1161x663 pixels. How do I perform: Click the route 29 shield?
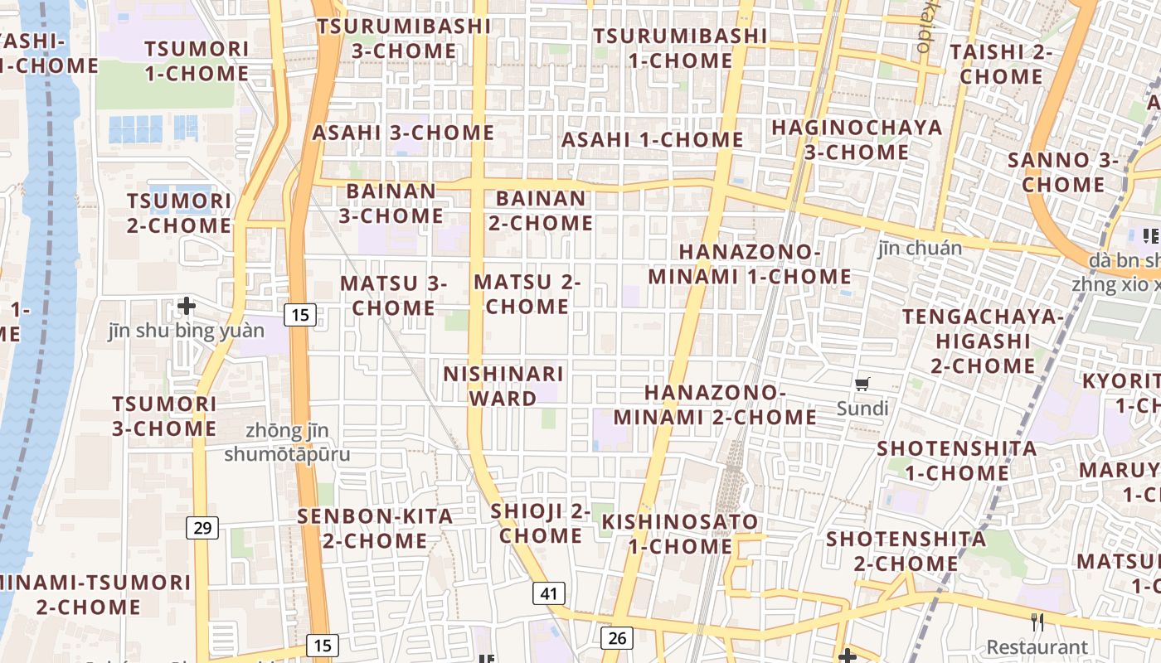click(x=202, y=527)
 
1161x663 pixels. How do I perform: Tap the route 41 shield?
click(x=549, y=593)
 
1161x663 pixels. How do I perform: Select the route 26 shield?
click(x=616, y=637)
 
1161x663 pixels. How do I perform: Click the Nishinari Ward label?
click(x=503, y=386)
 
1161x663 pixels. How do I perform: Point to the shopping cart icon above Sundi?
click(x=862, y=384)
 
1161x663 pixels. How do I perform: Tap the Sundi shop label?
click(x=862, y=408)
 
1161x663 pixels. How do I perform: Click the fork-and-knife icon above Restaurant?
click(x=1037, y=622)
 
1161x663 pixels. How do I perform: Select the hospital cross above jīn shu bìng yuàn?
click(x=187, y=306)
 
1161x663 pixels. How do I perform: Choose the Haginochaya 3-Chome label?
click(x=857, y=140)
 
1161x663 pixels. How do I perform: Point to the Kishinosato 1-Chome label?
click(x=680, y=535)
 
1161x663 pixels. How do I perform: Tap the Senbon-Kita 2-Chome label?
click(x=375, y=529)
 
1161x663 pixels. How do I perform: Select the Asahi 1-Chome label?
click(x=652, y=140)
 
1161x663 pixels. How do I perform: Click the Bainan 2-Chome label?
click(x=541, y=211)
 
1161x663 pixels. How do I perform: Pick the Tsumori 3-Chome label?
click(x=164, y=416)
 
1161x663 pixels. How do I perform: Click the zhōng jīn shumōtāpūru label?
click(x=287, y=443)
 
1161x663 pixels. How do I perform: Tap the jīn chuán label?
click(x=920, y=248)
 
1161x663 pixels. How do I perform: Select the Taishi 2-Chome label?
click(x=1001, y=64)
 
